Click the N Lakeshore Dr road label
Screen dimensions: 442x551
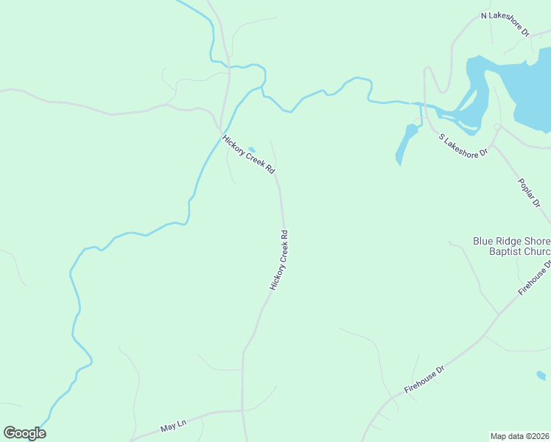pyautogui.click(x=505, y=24)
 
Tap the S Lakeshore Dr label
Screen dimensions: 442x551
pyautogui.click(x=463, y=145)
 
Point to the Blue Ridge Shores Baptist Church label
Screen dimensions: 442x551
pyautogui.click(x=512, y=246)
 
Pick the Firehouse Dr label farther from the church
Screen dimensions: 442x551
pyautogui.click(x=425, y=378)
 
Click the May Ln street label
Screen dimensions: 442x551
pyautogui.click(x=174, y=426)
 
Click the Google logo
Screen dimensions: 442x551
pyautogui.click(x=24, y=433)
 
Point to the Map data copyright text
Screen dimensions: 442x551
pyautogui.click(x=520, y=435)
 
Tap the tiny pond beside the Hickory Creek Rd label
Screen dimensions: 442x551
pyautogui.click(x=251, y=150)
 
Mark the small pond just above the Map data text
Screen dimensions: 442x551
pyautogui.click(x=541, y=376)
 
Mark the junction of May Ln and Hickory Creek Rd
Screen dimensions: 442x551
pyautogui.click(x=242, y=410)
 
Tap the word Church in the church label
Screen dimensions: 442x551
pyautogui.click(x=537, y=251)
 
